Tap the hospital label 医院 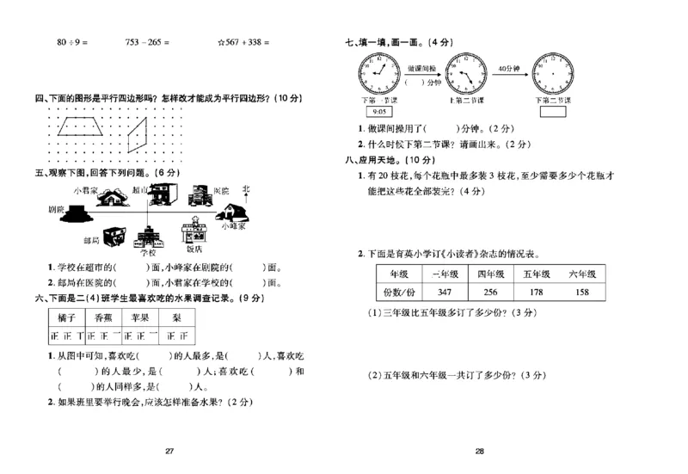(x=221, y=191)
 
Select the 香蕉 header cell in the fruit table (x=94, y=317)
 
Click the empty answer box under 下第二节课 (x=550, y=112)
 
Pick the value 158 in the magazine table (x=581, y=292)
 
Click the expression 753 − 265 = (x=148, y=41)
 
